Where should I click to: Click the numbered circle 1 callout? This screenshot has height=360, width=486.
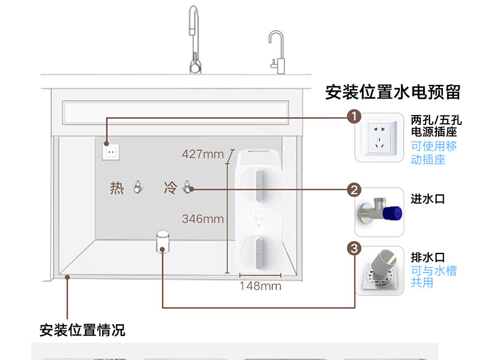pyautogui.click(x=354, y=116)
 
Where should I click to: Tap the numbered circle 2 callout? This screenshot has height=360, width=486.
pyautogui.click(x=354, y=190)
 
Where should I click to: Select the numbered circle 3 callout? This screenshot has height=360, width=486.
pyautogui.click(x=354, y=249)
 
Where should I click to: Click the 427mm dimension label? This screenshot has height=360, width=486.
pyautogui.click(x=202, y=154)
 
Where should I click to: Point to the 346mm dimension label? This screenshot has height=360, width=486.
pyautogui.click(x=202, y=218)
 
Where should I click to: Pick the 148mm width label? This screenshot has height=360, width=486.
pyautogui.click(x=260, y=286)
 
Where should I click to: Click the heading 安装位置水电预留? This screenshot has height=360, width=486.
pyautogui.click(x=392, y=93)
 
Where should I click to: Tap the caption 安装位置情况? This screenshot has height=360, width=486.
pyautogui.click(x=82, y=330)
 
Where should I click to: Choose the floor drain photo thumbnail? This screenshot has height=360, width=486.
pyautogui.click(x=378, y=271)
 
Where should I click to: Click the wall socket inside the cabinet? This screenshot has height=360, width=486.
pyautogui.click(x=111, y=151)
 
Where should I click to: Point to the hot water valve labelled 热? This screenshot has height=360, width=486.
pyautogui.click(x=138, y=187)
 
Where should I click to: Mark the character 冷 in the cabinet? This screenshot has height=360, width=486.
pyautogui.click(x=170, y=187)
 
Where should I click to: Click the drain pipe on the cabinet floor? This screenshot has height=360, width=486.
pyautogui.click(x=162, y=241)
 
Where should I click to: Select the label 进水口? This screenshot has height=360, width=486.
pyautogui.click(x=428, y=199)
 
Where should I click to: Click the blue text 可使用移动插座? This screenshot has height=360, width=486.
pyautogui.click(x=434, y=153)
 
